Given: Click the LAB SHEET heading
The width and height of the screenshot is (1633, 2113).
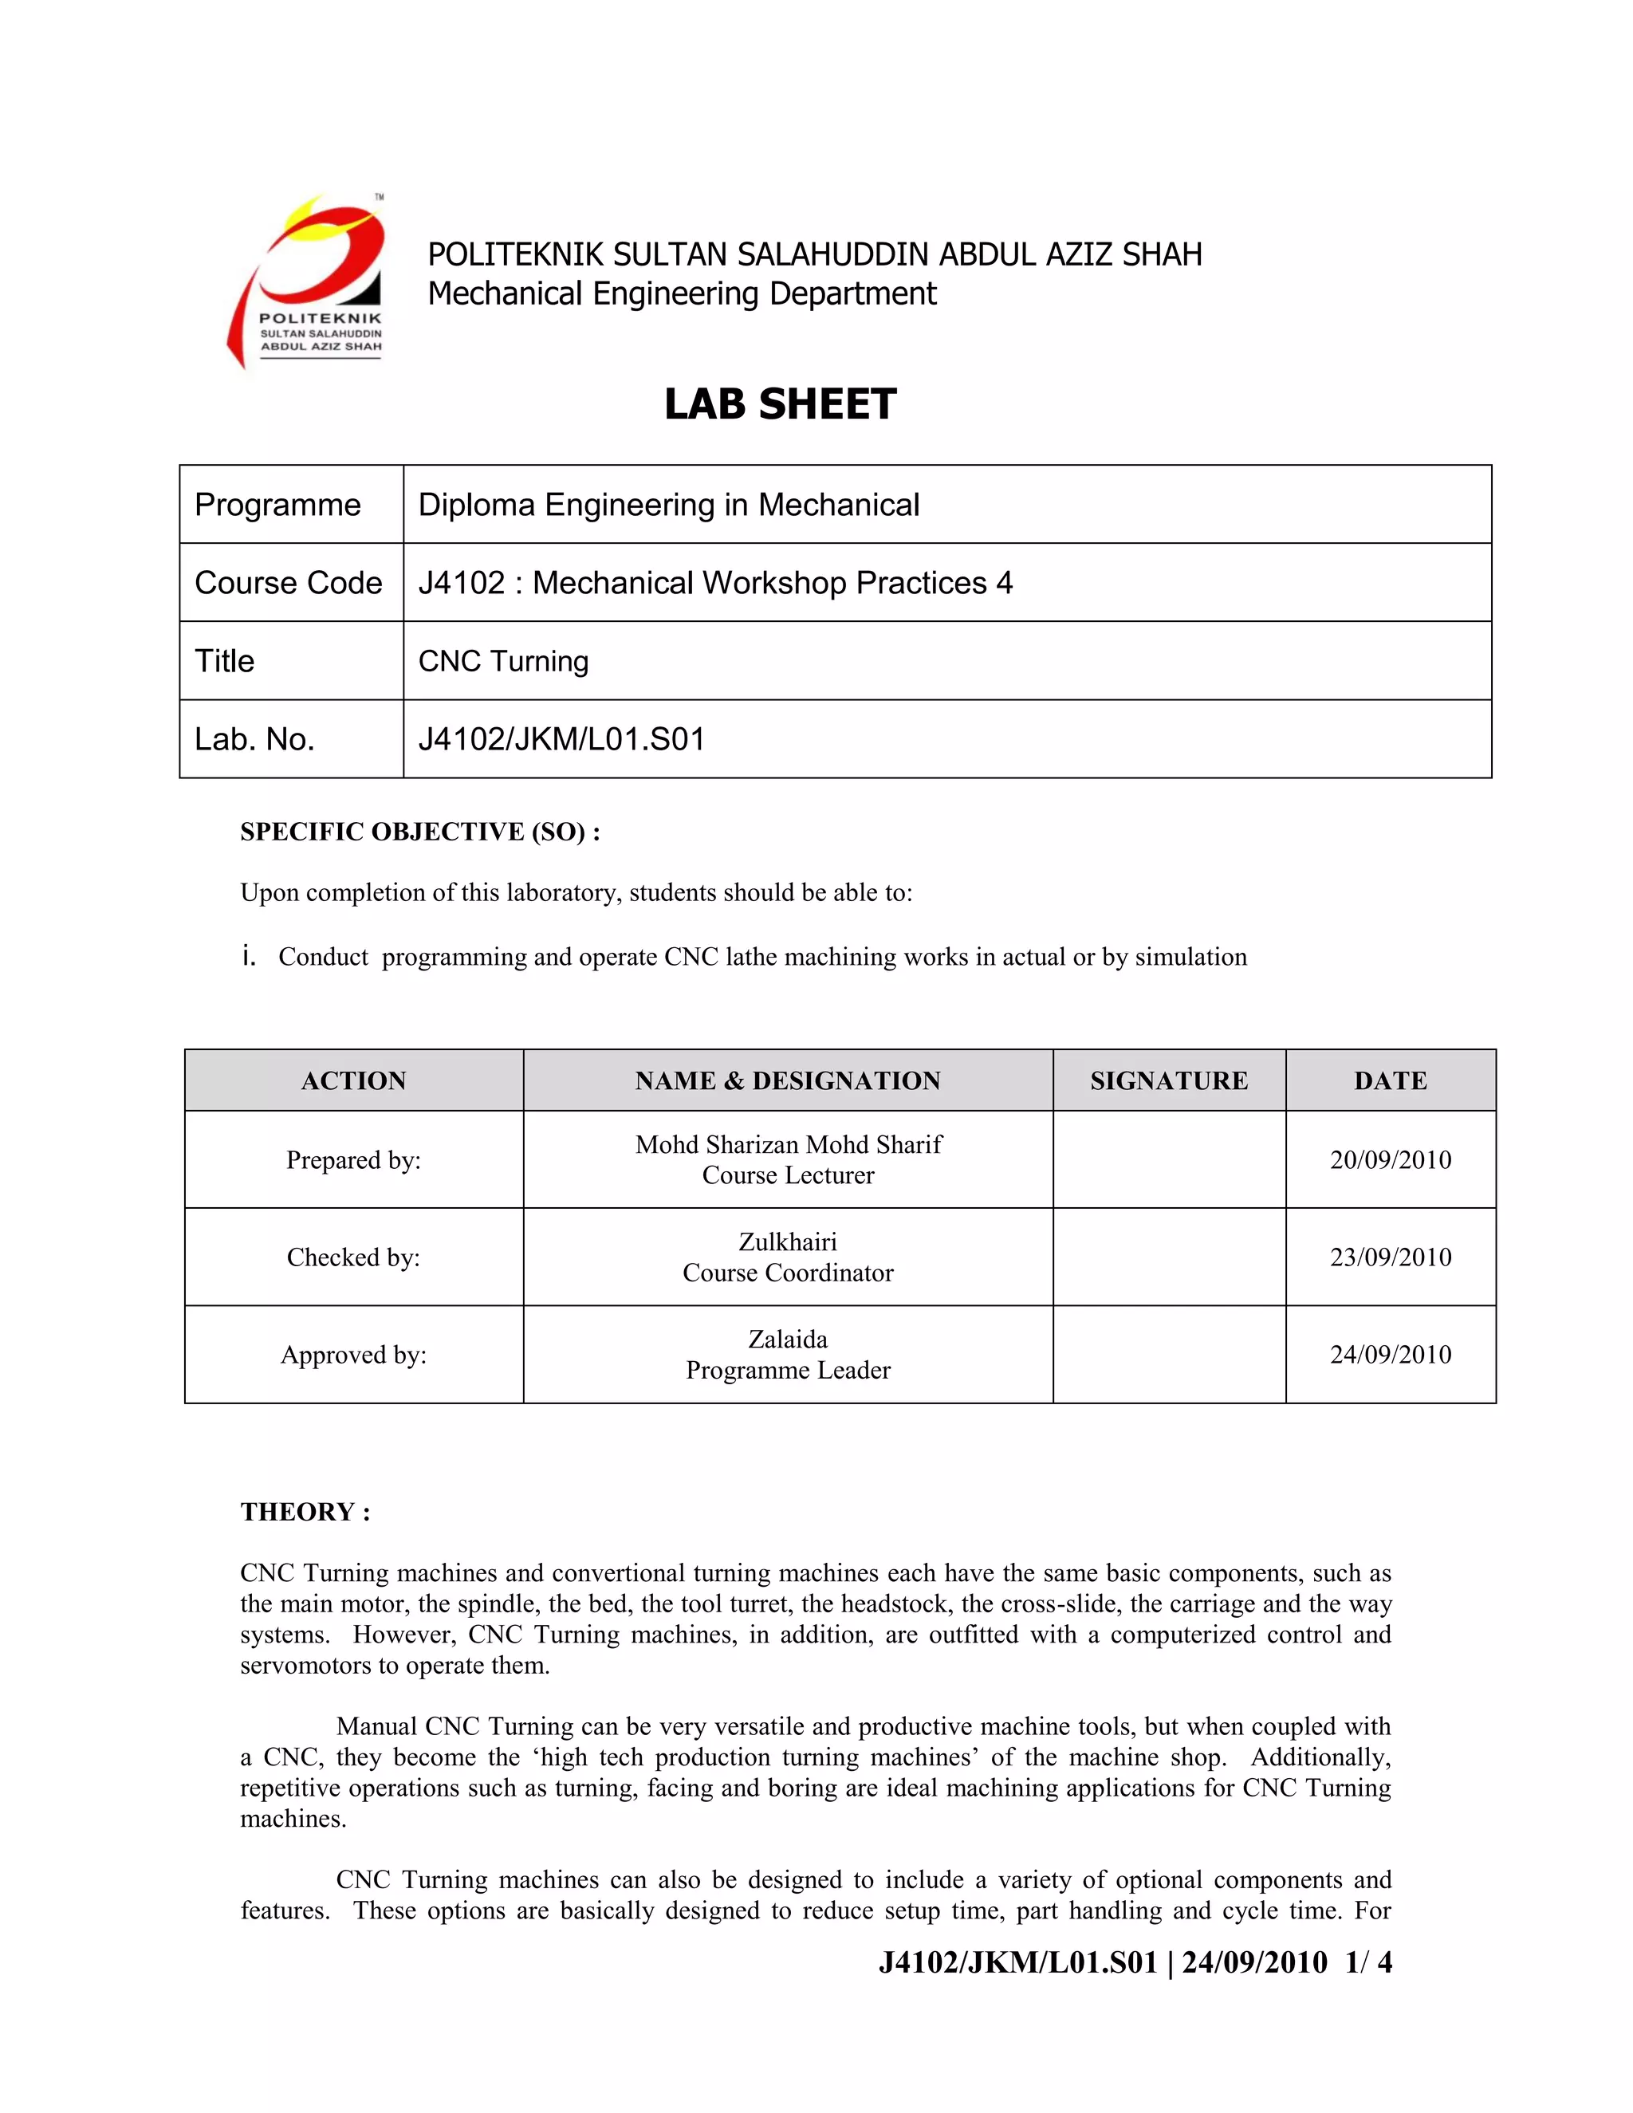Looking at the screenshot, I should [780, 404].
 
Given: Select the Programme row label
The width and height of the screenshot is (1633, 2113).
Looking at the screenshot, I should [277, 505].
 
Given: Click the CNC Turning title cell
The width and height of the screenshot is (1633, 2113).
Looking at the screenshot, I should [503, 661].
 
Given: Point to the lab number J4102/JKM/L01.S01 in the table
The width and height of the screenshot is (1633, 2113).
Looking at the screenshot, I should [561, 739].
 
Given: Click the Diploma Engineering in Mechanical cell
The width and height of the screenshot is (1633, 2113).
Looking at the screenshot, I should [668, 505].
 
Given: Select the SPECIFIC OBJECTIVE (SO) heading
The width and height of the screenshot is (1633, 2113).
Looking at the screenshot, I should [420, 832].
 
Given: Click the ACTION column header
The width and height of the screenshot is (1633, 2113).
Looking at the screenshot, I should [353, 1080].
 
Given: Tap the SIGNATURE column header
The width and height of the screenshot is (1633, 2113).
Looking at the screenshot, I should [1169, 1080].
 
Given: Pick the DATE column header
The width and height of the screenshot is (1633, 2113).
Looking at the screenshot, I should [1390, 1080].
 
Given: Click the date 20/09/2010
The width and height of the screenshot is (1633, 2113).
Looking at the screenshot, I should [1390, 1160].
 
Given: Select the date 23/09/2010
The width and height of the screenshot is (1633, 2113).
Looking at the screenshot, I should [1390, 1257].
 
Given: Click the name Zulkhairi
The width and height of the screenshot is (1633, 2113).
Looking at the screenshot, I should [788, 1242].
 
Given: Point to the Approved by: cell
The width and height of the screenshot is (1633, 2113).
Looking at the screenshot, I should [353, 1355].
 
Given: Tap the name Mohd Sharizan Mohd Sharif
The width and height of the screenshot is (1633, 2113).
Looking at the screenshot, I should [788, 1144].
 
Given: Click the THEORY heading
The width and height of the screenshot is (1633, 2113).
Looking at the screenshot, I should [305, 1512].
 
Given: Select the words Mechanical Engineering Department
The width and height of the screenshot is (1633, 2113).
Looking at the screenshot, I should [682, 293].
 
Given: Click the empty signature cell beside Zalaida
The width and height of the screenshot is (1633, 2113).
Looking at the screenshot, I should [1169, 1355].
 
